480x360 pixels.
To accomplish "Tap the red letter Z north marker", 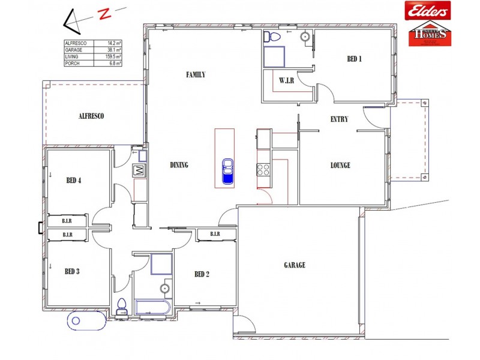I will click(x=106, y=14).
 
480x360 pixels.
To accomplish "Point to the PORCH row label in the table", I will click(x=73, y=63).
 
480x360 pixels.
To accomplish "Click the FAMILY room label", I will click(x=196, y=75).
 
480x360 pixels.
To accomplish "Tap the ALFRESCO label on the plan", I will click(x=91, y=116).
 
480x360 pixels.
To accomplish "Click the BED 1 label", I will click(x=355, y=59).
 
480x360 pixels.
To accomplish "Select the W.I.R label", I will click(x=286, y=80).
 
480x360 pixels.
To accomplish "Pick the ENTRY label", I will click(x=339, y=119).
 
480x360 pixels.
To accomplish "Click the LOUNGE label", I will click(x=340, y=166).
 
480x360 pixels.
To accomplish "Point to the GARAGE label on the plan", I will click(x=295, y=265).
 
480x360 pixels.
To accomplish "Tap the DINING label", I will click(x=179, y=166).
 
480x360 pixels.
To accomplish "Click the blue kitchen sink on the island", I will click(x=227, y=171).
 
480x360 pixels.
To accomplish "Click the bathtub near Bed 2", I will click(x=152, y=308).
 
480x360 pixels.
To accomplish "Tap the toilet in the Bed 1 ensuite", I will click(x=273, y=37).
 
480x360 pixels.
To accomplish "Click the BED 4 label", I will click(x=73, y=180).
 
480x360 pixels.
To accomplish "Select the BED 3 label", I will click(x=72, y=271).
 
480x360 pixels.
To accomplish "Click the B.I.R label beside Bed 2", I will click(x=215, y=234).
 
